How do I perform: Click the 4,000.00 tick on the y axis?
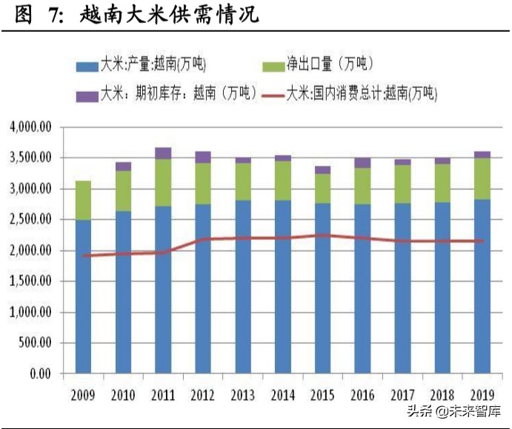[x=30, y=127]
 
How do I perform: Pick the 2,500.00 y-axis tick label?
[x=30, y=220]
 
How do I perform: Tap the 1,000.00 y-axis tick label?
[x=30, y=313]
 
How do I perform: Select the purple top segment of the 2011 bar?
[x=163, y=153]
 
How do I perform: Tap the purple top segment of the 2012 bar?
[x=203, y=157]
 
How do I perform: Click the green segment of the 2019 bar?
[x=482, y=179]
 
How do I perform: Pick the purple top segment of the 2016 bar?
[x=362, y=162]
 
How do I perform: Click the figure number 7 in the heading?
[x=53, y=15]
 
